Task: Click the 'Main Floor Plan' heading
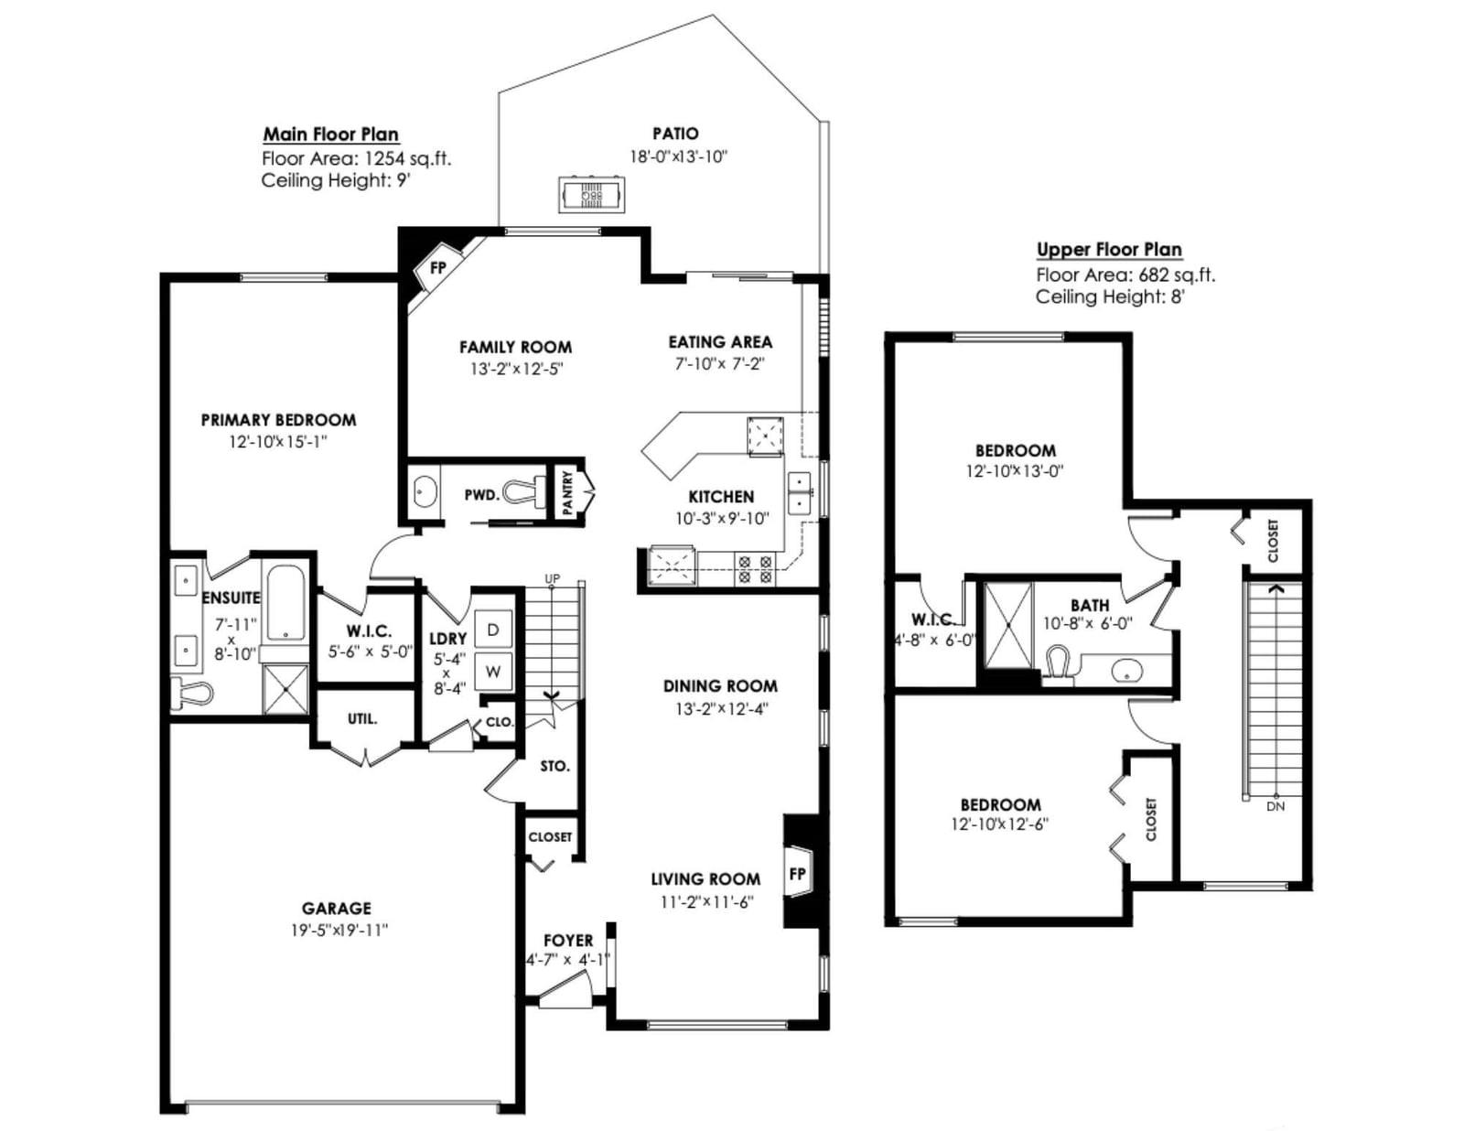click(330, 134)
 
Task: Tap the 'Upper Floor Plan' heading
click(1109, 249)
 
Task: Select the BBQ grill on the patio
click(591, 195)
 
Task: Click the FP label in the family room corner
click(438, 267)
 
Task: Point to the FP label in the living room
click(797, 874)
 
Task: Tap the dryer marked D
click(493, 630)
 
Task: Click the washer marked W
click(493, 672)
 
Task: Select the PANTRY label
click(567, 492)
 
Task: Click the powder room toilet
click(525, 492)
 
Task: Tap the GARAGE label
click(336, 908)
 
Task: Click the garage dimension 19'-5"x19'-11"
click(339, 931)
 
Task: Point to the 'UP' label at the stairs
click(552, 578)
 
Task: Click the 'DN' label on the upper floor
click(1276, 805)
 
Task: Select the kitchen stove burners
click(755, 568)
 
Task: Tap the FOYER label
click(568, 941)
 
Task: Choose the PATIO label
click(675, 134)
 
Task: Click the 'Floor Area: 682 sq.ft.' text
click(1125, 275)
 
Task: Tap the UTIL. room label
click(361, 718)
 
